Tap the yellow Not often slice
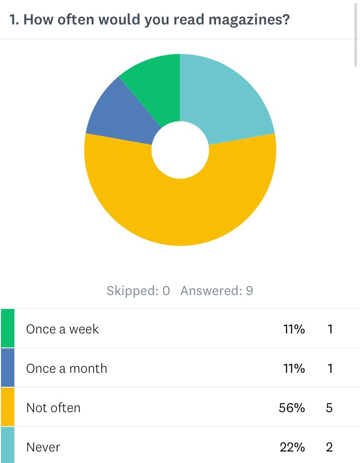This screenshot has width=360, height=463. click(x=180, y=211)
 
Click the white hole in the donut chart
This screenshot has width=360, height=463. click(x=180, y=150)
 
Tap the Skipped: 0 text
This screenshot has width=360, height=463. click(x=138, y=291)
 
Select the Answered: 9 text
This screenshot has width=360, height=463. click(x=216, y=291)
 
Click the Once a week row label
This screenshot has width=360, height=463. click(x=62, y=329)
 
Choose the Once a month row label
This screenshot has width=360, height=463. click(x=67, y=368)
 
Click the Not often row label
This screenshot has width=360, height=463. click(x=53, y=408)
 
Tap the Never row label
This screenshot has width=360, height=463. click(x=43, y=447)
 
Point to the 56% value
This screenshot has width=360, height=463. click(x=292, y=408)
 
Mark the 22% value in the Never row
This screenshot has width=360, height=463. click(x=292, y=447)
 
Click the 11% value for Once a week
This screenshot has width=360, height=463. click(x=294, y=329)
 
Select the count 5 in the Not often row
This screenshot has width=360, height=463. click(x=329, y=408)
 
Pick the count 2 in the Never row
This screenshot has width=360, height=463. click(x=329, y=447)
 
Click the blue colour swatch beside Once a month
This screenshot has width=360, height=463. click(x=8, y=368)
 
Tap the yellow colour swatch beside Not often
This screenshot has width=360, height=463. click(x=8, y=407)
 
